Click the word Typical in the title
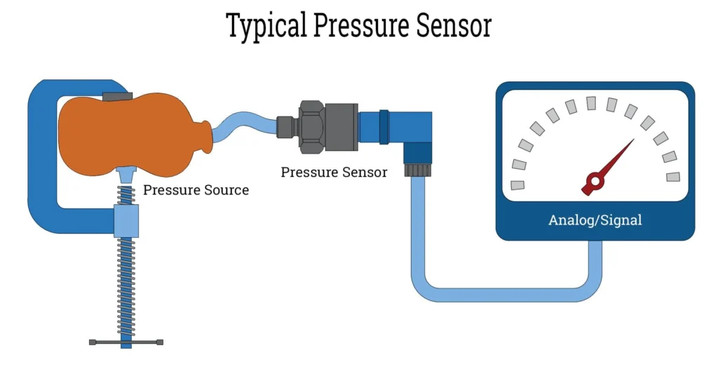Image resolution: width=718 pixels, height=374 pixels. click(266, 26)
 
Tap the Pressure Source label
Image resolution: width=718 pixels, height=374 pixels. click(196, 189)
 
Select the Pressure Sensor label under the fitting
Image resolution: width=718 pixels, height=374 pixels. click(334, 172)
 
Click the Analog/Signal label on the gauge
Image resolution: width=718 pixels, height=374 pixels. click(595, 220)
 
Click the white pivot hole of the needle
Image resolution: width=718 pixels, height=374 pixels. click(594, 183)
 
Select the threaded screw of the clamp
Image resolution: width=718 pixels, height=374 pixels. click(126, 281)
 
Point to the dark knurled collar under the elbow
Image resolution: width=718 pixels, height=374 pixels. click(418, 171)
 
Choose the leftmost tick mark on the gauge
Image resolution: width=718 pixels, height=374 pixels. click(518, 185)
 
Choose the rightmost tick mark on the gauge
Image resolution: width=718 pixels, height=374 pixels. click(673, 176)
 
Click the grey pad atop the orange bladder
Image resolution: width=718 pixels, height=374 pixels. click(116, 95)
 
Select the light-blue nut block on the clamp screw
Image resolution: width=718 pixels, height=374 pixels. click(126, 220)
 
